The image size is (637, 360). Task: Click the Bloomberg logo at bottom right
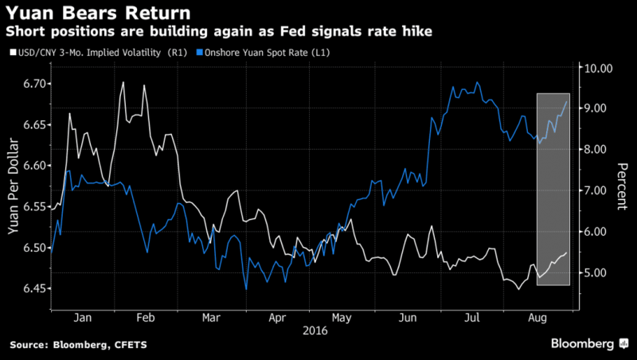[x=583, y=343]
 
